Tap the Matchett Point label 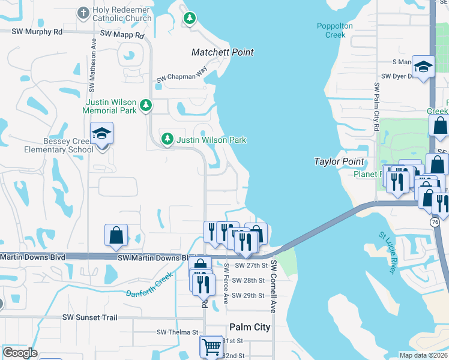click(x=222, y=53)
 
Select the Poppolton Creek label click(x=331, y=30)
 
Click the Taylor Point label click(x=339, y=162)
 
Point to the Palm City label click(x=250, y=327)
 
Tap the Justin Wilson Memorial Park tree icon click(x=145, y=106)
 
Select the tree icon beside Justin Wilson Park click(x=168, y=140)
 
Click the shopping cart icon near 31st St click(x=211, y=346)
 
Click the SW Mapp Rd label click(x=122, y=35)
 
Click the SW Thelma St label click(x=177, y=332)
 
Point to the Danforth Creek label click(x=149, y=286)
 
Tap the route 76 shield click(x=435, y=222)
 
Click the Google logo click(x=20, y=353)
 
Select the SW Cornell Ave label click(x=273, y=286)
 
